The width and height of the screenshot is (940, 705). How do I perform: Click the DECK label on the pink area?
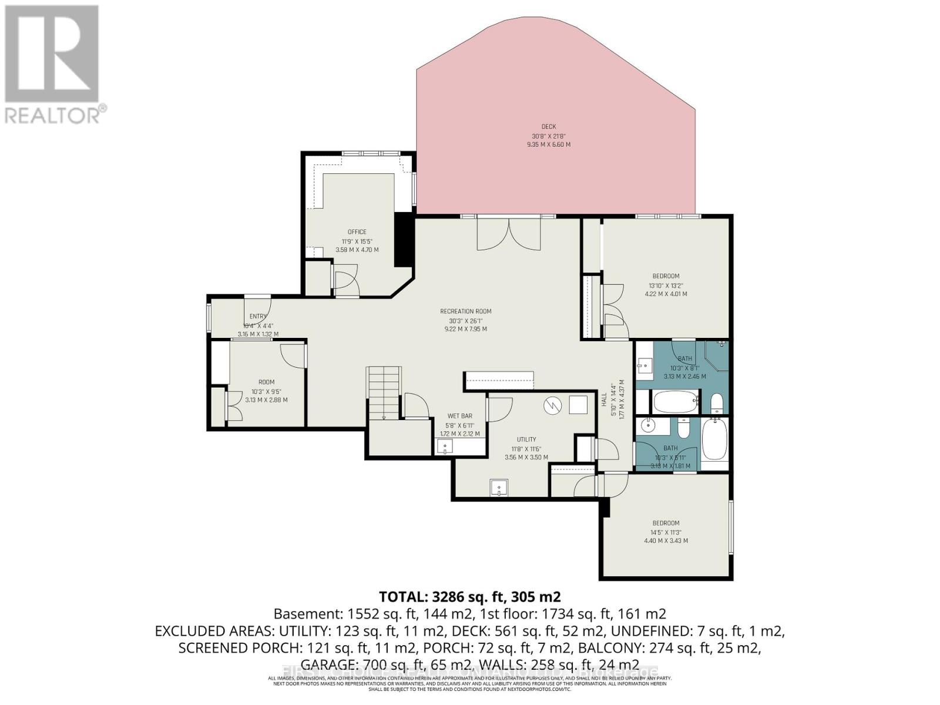pos(548,126)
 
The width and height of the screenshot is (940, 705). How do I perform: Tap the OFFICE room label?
pos(357,232)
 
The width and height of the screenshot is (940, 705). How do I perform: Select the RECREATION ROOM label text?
pos(466,311)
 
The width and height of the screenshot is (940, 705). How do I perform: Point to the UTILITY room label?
pos(526,439)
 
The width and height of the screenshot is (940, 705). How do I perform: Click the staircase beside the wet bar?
pos(384,392)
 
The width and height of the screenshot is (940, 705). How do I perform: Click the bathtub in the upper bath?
pos(674,403)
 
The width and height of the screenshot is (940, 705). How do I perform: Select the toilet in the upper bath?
pos(716,403)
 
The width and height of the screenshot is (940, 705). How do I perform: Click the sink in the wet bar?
pos(445,447)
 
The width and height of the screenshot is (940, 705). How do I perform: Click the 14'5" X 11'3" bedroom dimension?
pos(666,532)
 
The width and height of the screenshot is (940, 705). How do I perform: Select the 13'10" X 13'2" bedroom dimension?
pos(666,285)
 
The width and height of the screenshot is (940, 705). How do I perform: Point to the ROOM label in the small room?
pos(266,382)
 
